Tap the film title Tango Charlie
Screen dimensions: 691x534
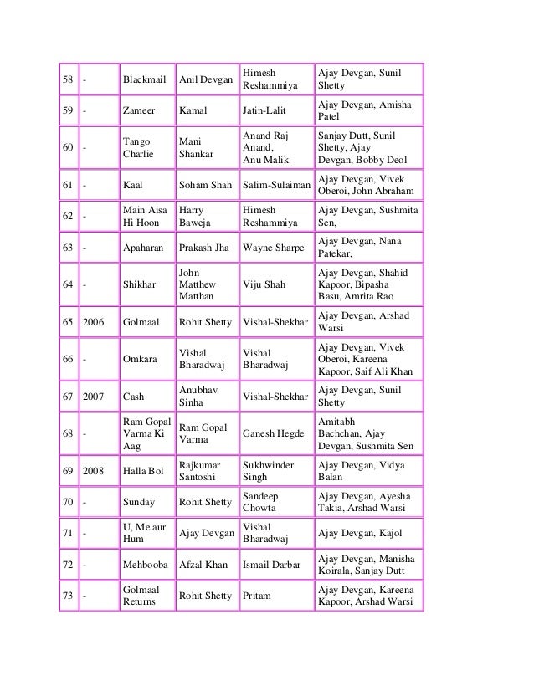point(136,149)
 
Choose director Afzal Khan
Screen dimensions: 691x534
point(205,565)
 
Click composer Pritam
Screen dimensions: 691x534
point(256,596)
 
